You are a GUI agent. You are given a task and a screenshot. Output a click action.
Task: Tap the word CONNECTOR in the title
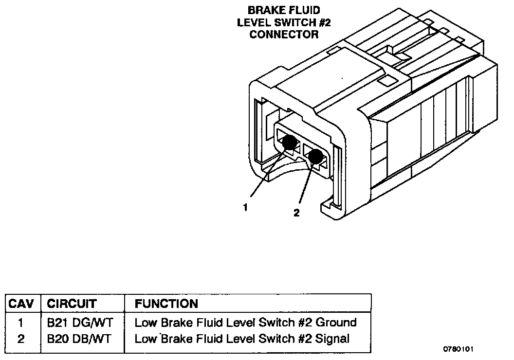point(284,35)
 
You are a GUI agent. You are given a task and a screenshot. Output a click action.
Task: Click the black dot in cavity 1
point(289,143)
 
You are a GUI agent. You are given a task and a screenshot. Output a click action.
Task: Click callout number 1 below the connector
point(245,207)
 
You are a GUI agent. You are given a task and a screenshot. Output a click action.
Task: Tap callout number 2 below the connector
point(296,213)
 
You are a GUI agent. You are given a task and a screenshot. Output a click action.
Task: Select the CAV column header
point(21,304)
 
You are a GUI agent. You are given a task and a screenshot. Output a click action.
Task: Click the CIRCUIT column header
point(72,304)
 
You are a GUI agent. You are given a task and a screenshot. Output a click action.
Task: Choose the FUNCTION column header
point(166,304)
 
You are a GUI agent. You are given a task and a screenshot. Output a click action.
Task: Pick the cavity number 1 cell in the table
point(20,323)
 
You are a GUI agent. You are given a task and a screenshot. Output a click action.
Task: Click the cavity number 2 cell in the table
point(20,339)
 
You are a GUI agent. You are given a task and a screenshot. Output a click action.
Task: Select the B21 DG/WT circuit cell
point(80,323)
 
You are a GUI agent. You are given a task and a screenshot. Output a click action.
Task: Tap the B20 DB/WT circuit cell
point(79,339)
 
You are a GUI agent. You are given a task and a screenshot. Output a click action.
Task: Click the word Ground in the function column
point(336,323)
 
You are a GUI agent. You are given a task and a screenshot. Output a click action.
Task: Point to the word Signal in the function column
point(332,339)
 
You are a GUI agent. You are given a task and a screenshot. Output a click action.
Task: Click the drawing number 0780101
point(459,349)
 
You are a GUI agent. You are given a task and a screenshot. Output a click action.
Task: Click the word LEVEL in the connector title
point(253,22)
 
